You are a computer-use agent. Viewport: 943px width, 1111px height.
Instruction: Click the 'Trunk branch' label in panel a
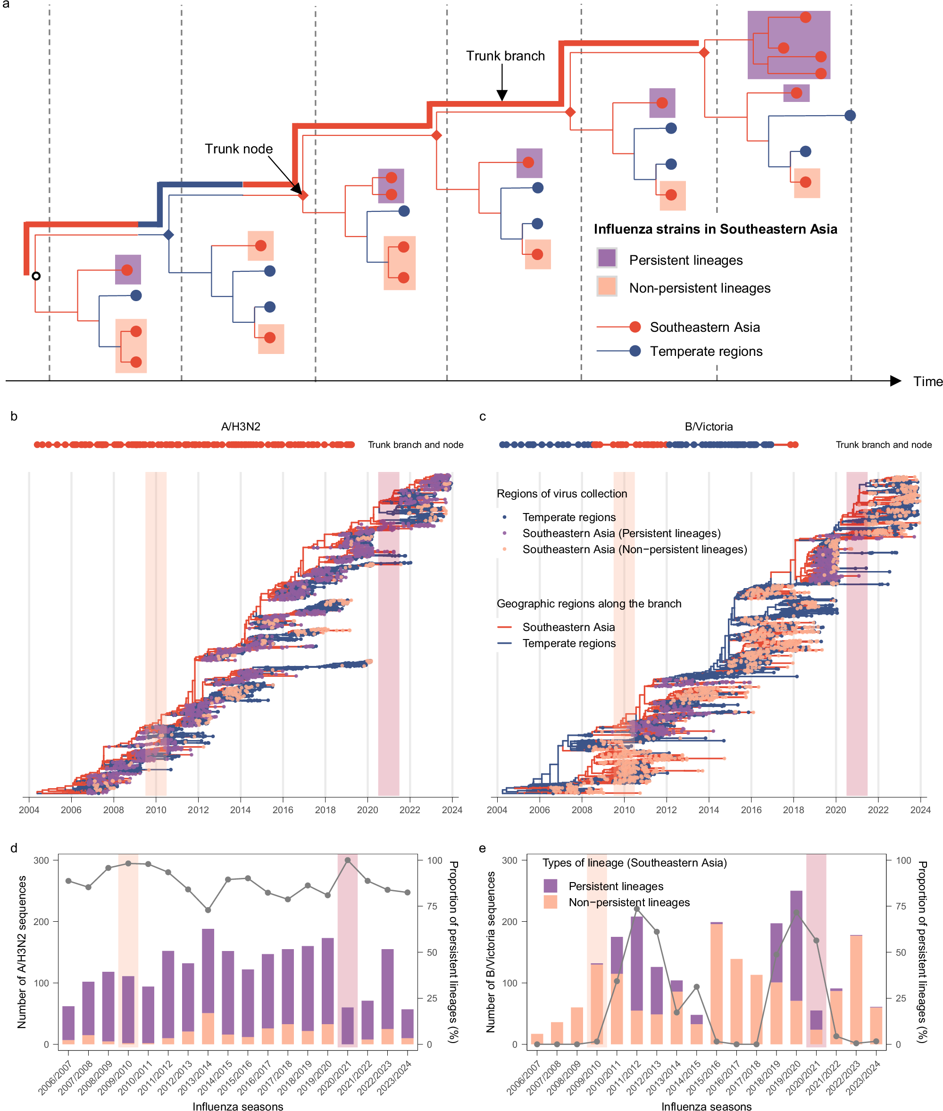tap(505, 56)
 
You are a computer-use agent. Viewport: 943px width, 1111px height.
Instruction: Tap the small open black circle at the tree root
tap(36, 276)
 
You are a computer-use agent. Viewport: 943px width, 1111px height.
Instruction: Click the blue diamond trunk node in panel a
tap(168, 235)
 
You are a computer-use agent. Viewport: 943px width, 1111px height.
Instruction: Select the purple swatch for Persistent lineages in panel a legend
tap(607, 258)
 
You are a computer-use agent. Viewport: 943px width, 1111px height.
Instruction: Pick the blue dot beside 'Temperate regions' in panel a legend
tap(635, 351)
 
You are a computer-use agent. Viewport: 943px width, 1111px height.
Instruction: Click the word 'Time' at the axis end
tap(927, 381)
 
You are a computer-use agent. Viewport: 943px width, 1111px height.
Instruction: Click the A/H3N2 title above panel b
tap(241, 426)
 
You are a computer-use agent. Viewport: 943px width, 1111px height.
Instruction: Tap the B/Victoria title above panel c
tap(709, 426)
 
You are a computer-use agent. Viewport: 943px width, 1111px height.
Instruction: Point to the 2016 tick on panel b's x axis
tap(283, 810)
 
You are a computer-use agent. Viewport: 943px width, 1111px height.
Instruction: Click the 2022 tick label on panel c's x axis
tap(878, 810)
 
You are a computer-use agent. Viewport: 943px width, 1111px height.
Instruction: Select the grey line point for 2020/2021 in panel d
tap(348, 860)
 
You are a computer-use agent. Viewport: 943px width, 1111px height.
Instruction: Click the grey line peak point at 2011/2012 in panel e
tap(637, 909)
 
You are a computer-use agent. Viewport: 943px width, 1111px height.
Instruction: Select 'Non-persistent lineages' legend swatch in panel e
tap(550, 902)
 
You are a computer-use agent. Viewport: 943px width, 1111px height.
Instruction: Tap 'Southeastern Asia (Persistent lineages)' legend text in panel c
tap(621, 533)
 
